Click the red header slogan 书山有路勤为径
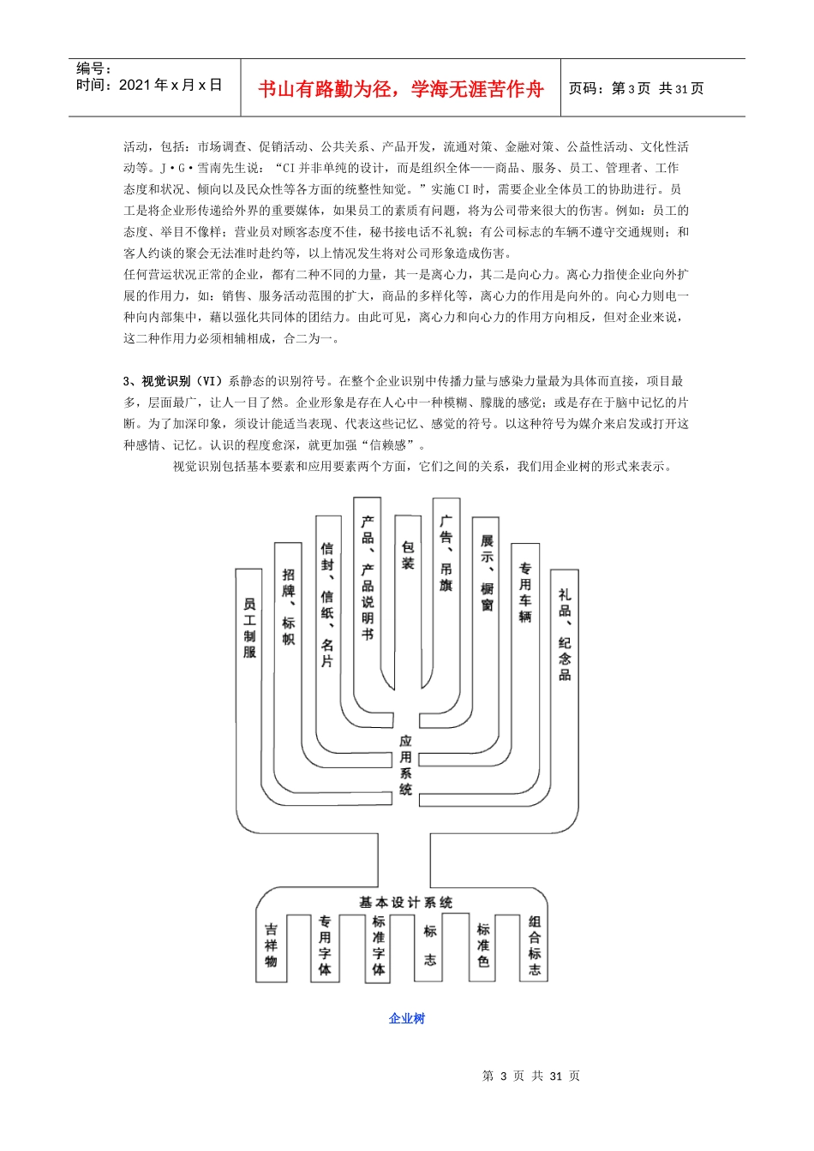400,89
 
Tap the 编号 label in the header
93,69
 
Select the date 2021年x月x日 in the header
170,85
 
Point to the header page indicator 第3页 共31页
636,88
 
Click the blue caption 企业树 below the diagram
406,1018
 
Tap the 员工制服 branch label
249,628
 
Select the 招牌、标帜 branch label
289,606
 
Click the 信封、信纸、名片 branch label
327,605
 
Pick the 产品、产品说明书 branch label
368,577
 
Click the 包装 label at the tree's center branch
408,555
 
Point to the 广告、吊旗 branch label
446,553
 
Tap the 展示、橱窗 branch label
487,573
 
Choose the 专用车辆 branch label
525,592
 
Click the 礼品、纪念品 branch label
565,634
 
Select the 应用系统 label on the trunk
405,765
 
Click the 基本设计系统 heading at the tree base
405,903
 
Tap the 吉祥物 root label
271,945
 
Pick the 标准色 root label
483,945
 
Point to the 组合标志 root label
535,945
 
